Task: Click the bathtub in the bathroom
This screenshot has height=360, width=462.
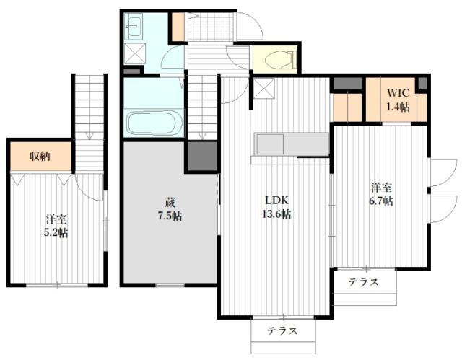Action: (x=154, y=122)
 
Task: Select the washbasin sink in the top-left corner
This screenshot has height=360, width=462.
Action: (x=135, y=29)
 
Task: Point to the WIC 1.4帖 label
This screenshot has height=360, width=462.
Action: (x=397, y=100)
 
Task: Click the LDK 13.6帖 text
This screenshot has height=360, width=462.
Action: (x=276, y=207)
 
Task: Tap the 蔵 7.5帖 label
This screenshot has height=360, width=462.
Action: (x=170, y=208)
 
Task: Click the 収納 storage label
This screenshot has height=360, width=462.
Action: (x=40, y=157)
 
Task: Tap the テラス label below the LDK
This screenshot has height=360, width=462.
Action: (x=283, y=331)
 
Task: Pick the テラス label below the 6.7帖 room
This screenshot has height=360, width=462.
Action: (x=363, y=282)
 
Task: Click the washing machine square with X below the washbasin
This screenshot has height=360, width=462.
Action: (x=134, y=54)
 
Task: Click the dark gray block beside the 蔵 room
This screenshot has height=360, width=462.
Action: (x=201, y=154)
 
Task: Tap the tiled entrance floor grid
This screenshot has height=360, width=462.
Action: (x=210, y=27)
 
